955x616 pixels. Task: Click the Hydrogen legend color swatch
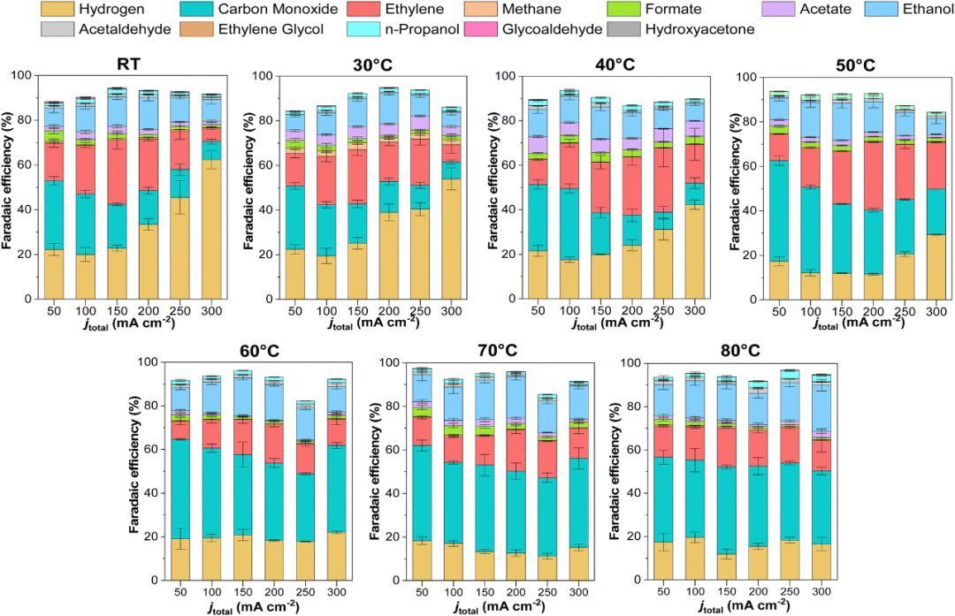click(57, 9)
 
